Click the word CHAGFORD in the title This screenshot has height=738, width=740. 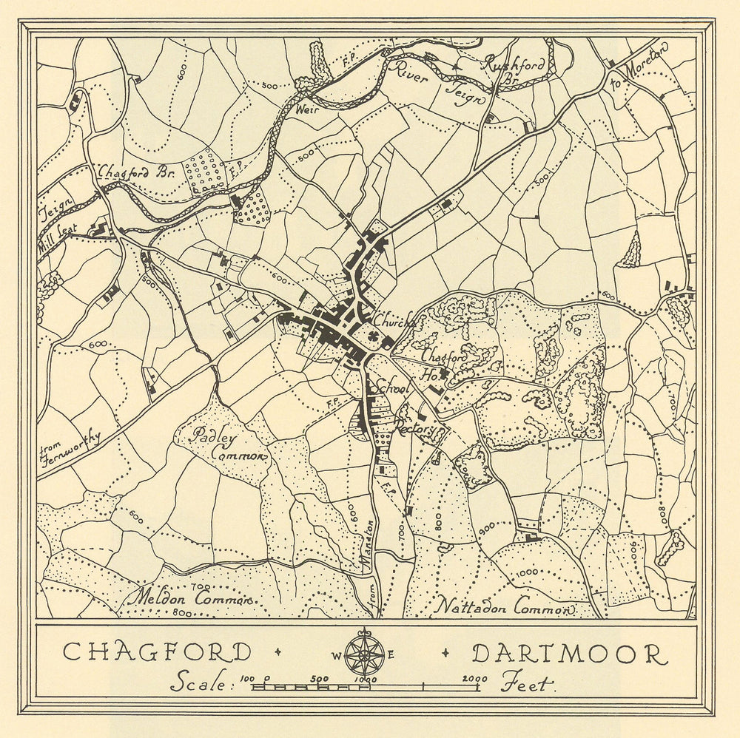157,653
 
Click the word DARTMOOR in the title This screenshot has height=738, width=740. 568,654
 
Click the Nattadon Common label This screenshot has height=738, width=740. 505,606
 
